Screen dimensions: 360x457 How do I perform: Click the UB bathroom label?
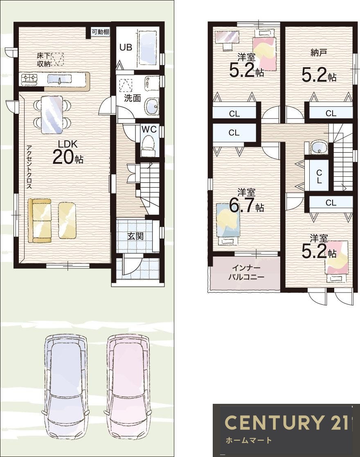(x=126, y=47)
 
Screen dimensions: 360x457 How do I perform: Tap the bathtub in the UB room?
(x=148, y=47)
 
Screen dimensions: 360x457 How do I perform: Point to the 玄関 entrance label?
(x=135, y=236)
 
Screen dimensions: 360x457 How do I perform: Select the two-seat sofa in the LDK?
(x=40, y=221)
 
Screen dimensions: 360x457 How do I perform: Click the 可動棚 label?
(x=100, y=32)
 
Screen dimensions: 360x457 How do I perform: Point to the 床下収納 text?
(x=44, y=60)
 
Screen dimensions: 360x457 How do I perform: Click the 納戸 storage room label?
(x=319, y=53)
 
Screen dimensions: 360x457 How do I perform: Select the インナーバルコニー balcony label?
(x=246, y=272)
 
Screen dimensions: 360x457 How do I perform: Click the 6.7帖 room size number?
(x=246, y=206)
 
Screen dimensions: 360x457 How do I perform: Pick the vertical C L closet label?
(x=319, y=176)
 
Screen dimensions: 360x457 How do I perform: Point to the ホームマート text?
(x=249, y=440)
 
